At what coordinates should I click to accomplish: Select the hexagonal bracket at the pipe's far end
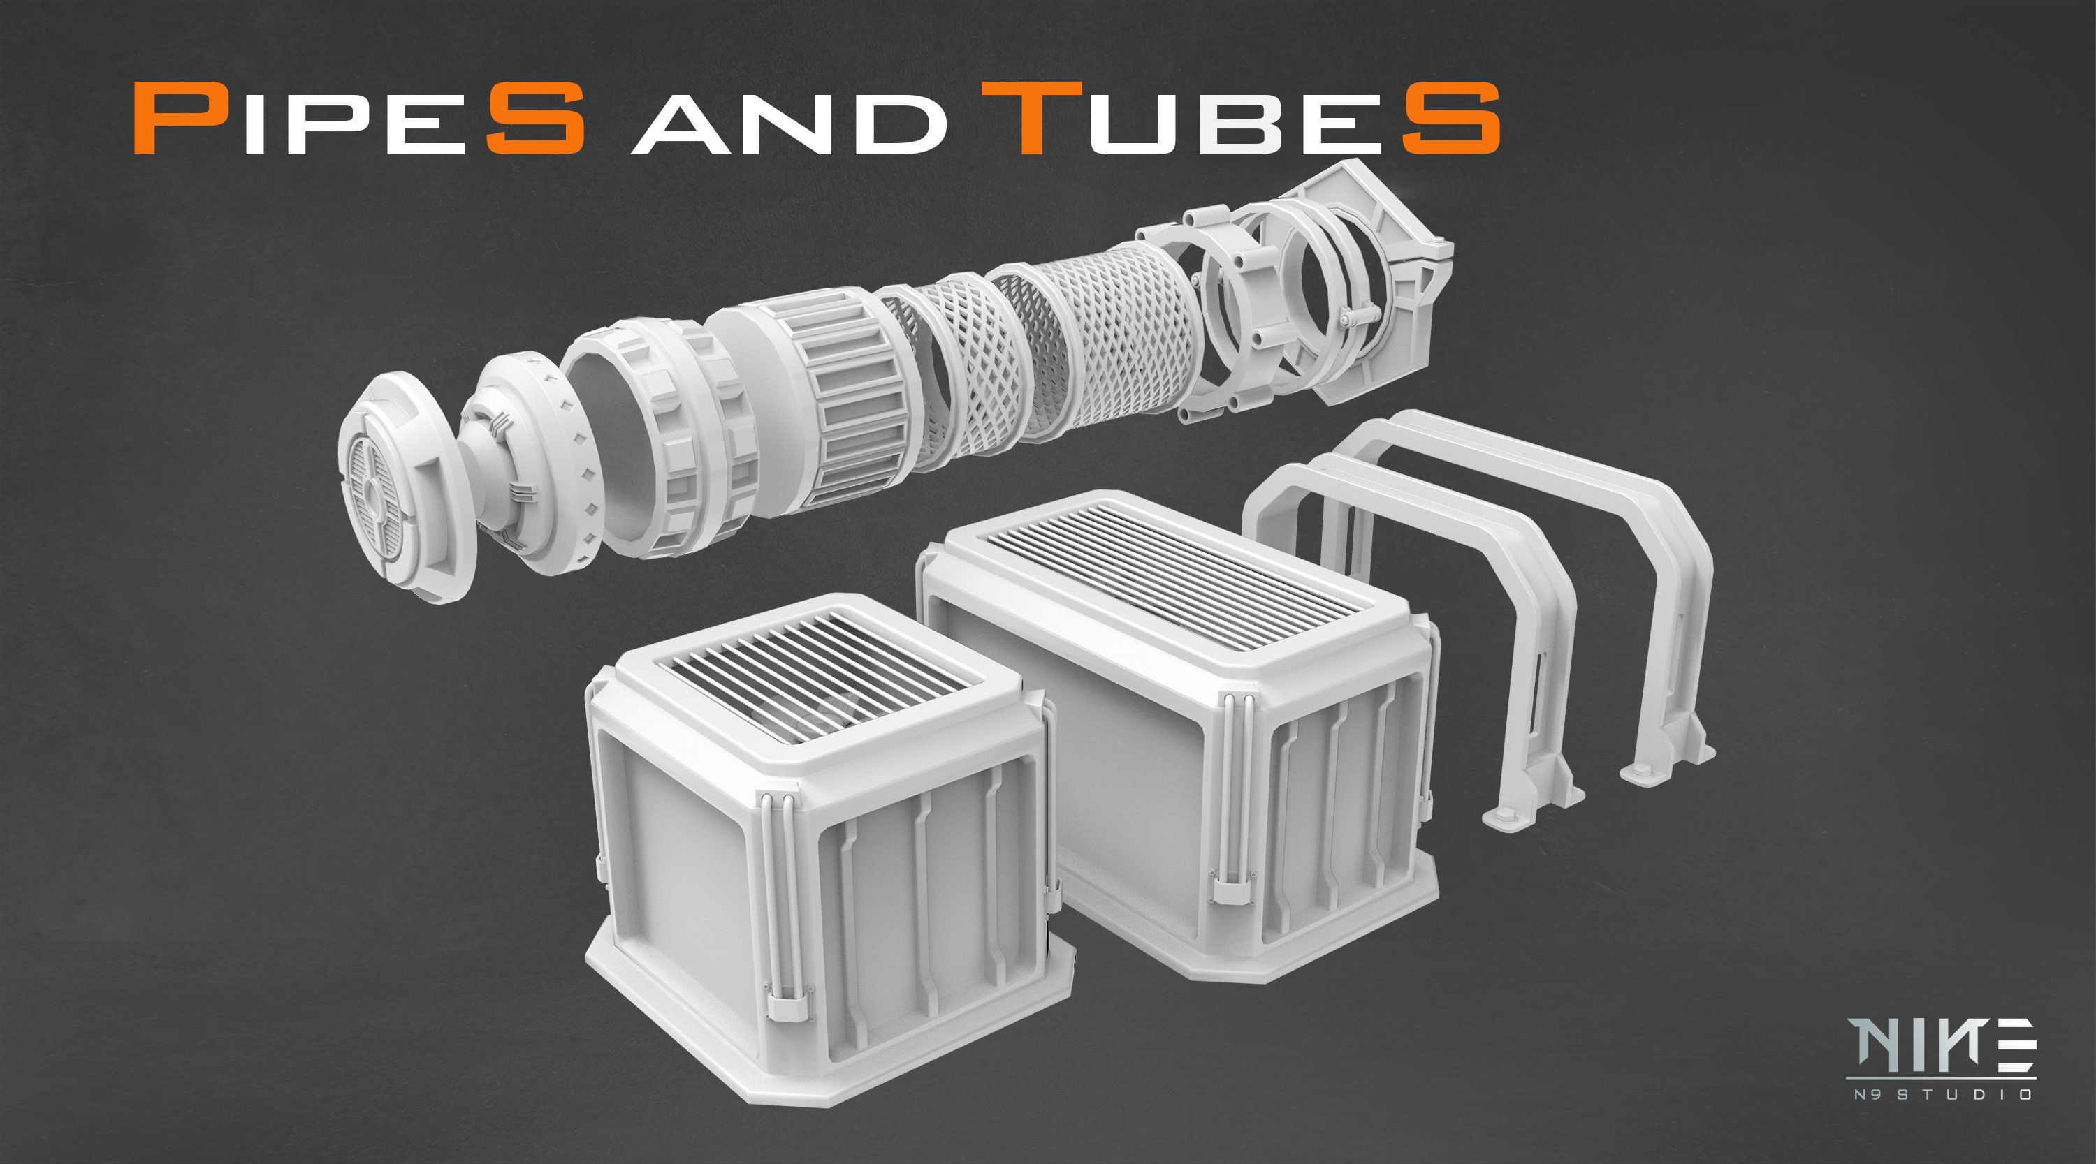click(x=1375, y=285)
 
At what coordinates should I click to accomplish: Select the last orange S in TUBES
click(x=1450, y=119)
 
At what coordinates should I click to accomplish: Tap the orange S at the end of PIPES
click(x=535, y=119)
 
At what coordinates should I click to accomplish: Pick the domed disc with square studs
click(x=529, y=464)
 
